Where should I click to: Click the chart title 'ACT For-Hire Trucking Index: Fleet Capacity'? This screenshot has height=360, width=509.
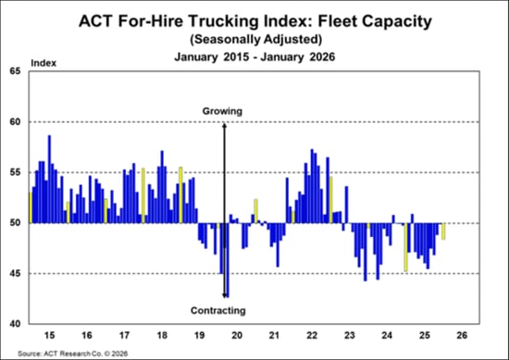(x=254, y=20)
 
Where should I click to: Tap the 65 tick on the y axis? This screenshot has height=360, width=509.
(x=14, y=71)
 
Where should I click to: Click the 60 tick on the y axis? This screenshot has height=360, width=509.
(x=14, y=121)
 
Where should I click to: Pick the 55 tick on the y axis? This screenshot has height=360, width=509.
(x=14, y=172)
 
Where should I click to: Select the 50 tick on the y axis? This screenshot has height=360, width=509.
(x=14, y=223)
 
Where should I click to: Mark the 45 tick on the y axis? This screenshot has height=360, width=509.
(x=14, y=273)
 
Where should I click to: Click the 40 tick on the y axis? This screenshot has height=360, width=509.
(x=14, y=324)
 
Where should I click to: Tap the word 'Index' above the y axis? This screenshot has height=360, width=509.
(x=43, y=62)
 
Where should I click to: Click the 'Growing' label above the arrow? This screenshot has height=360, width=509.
(x=222, y=111)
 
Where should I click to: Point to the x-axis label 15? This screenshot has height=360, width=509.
(x=50, y=334)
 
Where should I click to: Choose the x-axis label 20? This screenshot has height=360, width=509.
(x=236, y=334)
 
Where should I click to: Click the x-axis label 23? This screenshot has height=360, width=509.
(x=349, y=334)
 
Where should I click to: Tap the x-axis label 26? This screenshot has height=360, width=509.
(x=462, y=334)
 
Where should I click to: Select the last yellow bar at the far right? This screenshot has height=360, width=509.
(x=444, y=231)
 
